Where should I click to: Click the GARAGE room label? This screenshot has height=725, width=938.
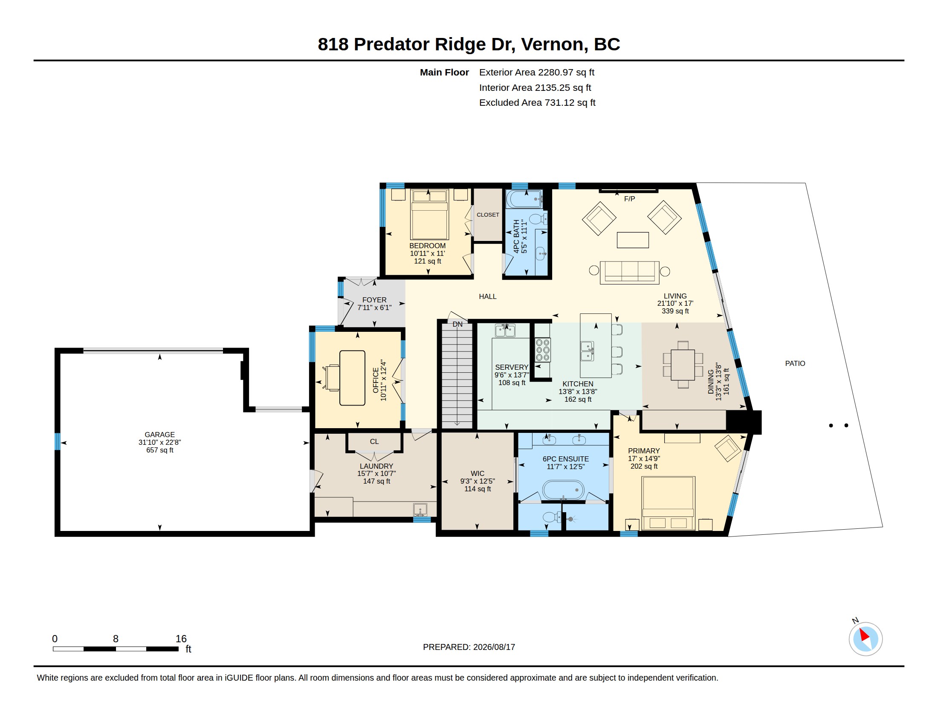click(159, 434)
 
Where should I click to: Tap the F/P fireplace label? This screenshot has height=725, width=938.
click(629, 199)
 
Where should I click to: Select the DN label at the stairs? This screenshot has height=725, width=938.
click(457, 324)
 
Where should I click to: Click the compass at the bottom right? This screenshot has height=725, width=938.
click(866, 639)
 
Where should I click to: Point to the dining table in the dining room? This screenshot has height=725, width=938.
click(683, 365)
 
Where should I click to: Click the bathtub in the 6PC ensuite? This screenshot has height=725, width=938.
click(563, 490)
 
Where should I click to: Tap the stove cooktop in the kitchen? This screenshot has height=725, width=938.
click(542, 350)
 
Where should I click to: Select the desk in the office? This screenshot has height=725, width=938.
click(352, 378)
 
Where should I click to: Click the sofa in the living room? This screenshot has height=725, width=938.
click(630, 273)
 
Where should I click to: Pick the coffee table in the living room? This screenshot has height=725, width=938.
click(633, 240)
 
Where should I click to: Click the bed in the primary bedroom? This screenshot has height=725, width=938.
click(668, 503)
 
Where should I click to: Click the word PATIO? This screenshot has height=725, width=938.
click(795, 363)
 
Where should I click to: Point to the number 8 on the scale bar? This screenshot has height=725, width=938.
click(116, 639)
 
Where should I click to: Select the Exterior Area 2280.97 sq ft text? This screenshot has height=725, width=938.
click(536, 72)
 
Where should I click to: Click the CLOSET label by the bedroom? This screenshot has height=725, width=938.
click(488, 215)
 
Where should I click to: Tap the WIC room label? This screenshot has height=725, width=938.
click(477, 473)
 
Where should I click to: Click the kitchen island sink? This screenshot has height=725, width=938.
click(587, 351)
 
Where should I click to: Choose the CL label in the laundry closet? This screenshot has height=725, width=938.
click(374, 441)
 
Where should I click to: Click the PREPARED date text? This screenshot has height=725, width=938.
click(469, 647)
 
